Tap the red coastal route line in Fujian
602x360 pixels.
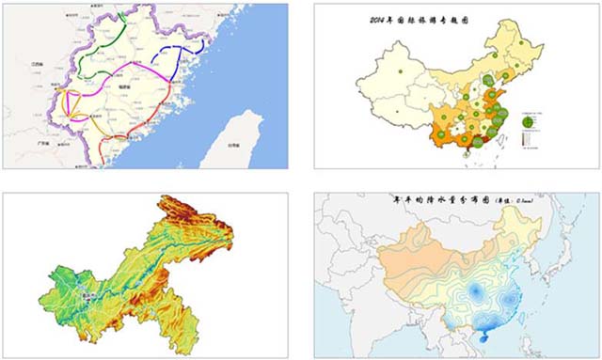[141, 132]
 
